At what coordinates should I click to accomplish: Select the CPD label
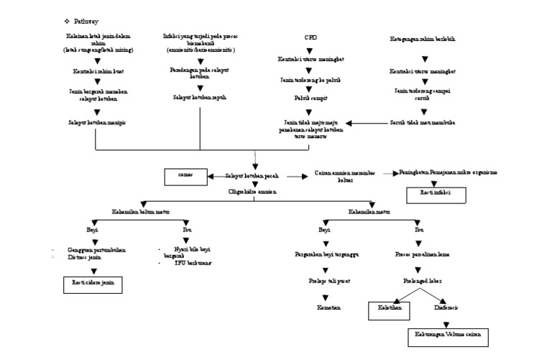310,37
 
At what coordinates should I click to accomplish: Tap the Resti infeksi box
436,194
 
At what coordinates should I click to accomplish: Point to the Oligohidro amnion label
255,192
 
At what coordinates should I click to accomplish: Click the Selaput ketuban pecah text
252,175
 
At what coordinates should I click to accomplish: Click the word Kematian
328,307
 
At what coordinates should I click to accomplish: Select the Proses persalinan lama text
423,254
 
